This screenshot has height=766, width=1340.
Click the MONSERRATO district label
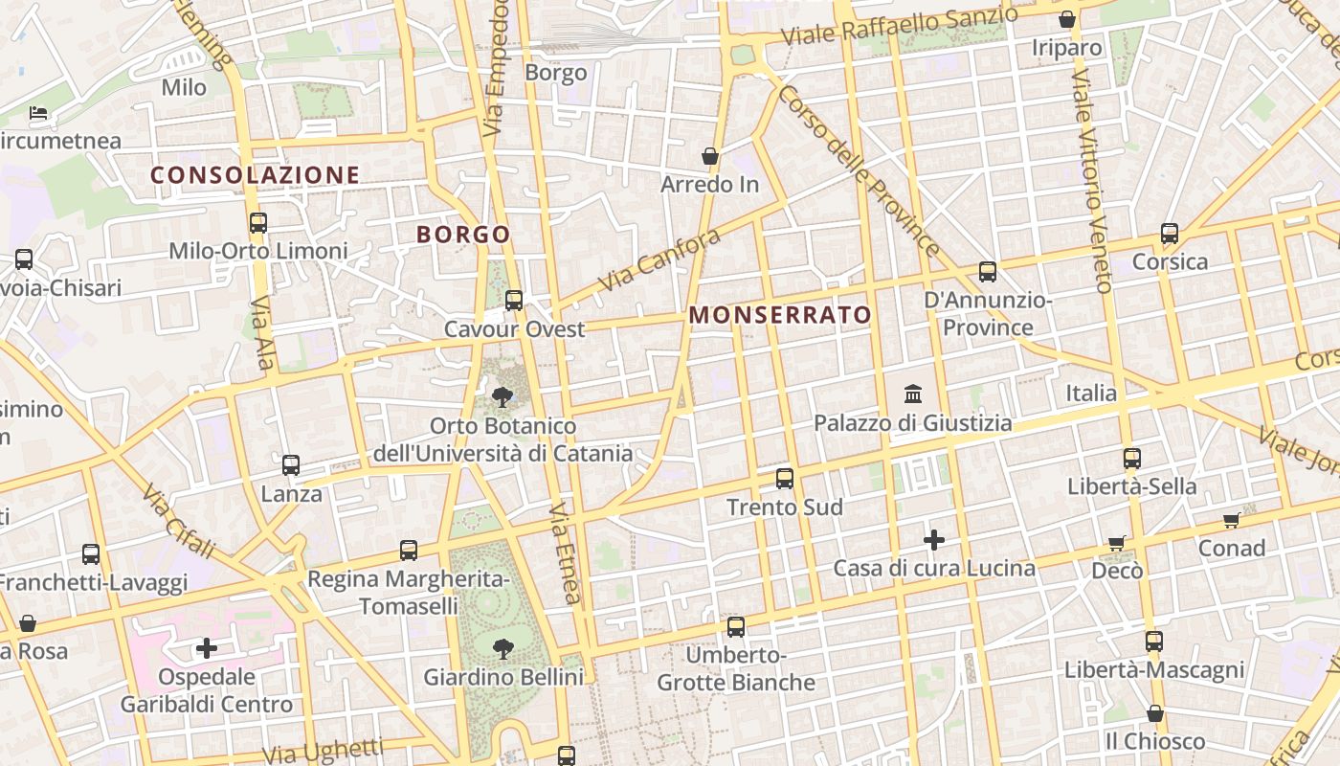point(780,315)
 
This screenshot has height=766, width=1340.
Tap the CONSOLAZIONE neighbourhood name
point(255,175)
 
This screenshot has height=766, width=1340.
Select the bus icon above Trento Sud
point(785,479)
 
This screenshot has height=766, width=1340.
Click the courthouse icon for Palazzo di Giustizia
point(913,394)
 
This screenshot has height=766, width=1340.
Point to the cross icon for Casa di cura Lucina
point(934,540)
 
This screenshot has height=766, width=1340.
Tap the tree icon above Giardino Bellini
point(502,649)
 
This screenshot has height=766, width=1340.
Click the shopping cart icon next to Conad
point(1231,521)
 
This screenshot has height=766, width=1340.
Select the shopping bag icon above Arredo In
point(710,155)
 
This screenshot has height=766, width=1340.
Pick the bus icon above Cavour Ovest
point(514,301)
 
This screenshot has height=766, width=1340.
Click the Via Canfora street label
point(659,260)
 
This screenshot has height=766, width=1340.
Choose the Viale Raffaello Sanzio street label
point(900,26)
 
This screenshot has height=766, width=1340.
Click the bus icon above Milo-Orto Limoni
point(257,223)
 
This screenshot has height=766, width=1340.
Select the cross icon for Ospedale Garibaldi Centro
point(206,648)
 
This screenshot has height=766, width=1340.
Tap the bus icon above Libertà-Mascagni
point(1154,642)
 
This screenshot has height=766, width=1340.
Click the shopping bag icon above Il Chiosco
point(1155,713)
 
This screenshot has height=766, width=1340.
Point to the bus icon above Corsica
point(1170,234)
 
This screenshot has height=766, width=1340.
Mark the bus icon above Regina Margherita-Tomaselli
point(409,551)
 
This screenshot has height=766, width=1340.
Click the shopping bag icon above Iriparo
point(1067,19)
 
